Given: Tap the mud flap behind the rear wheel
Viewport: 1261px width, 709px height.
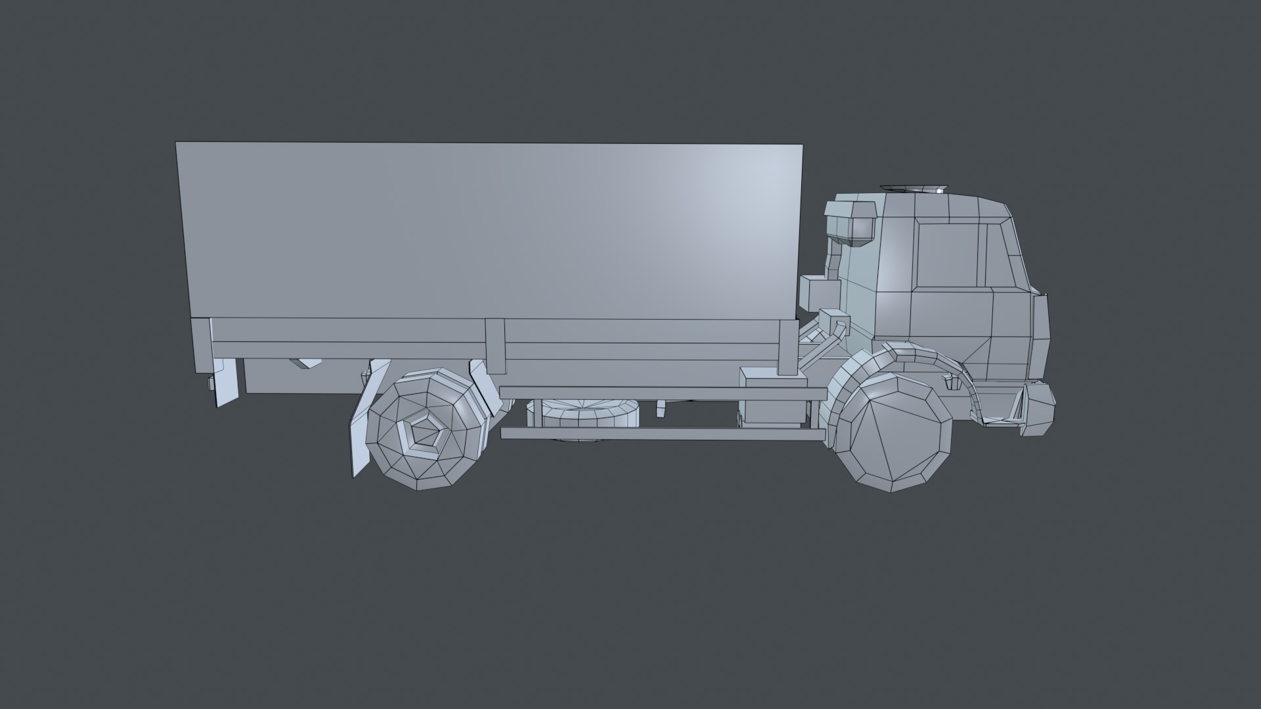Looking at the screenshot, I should point(361,420).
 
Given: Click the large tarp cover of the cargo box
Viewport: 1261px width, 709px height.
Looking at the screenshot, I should point(493,230).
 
